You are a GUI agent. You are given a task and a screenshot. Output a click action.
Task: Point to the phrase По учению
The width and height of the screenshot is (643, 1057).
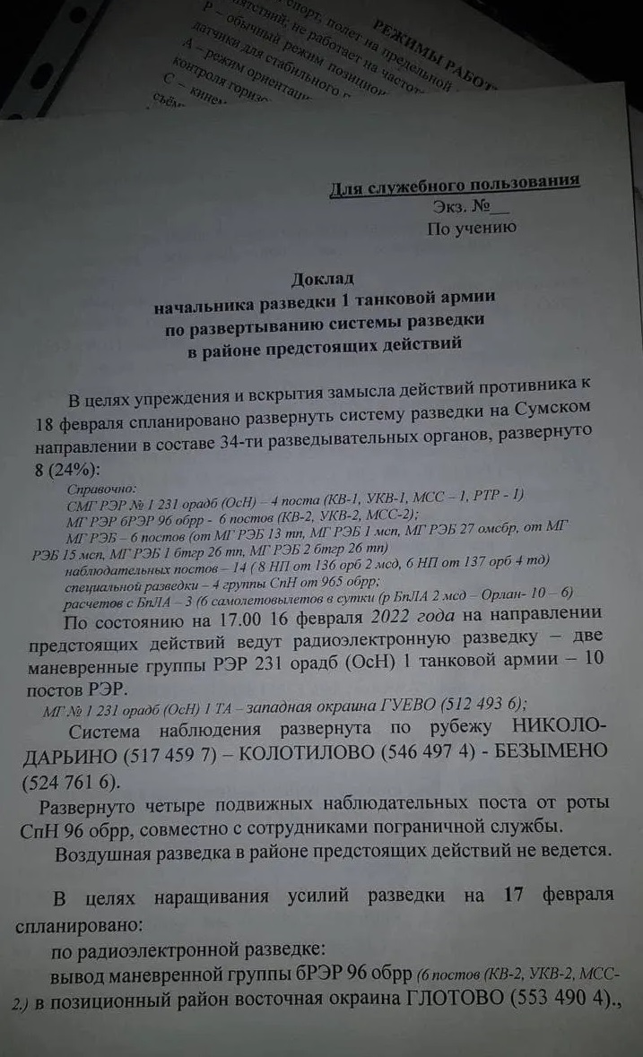coord(472,228)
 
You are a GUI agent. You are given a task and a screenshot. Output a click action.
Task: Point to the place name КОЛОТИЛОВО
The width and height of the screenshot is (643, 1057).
coord(299,751)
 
